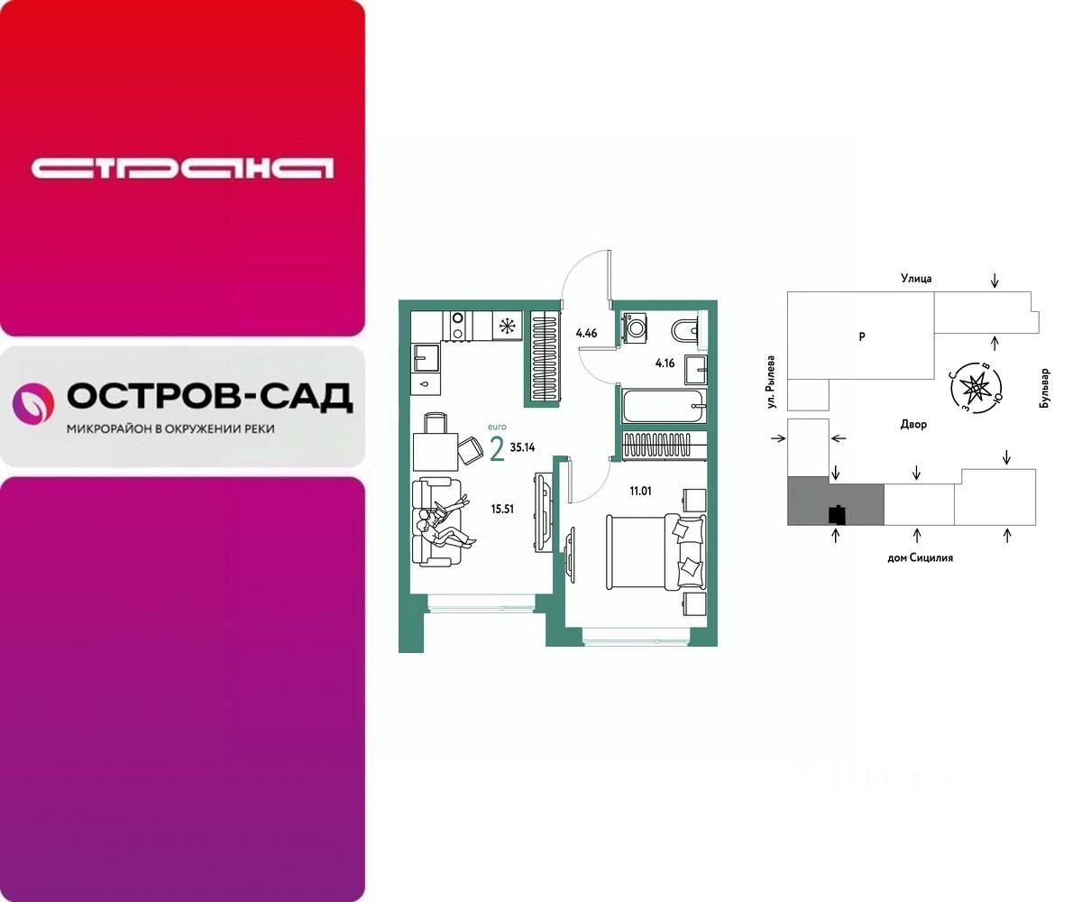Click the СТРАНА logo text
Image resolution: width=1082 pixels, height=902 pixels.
(x=182, y=168)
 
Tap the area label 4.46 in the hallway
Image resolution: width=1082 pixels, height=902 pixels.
(x=586, y=333)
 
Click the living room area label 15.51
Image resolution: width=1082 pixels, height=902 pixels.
(x=501, y=509)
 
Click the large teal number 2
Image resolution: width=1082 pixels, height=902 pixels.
(x=497, y=448)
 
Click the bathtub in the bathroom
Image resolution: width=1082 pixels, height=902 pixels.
(x=663, y=407)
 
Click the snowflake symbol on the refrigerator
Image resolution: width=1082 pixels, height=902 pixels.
(x=507, y=326)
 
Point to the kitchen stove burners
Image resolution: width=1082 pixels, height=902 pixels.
(x=457, y=326)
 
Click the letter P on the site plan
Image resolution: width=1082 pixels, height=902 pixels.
(x=861, y=336)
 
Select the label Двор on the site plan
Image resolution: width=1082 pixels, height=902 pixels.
(x=912, y=424)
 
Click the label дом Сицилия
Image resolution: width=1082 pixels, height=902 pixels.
(x=920, y=557)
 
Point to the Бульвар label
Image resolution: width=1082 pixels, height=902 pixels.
(x=1045, y=389)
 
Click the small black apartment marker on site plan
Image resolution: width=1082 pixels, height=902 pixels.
(x=837, y=514)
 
